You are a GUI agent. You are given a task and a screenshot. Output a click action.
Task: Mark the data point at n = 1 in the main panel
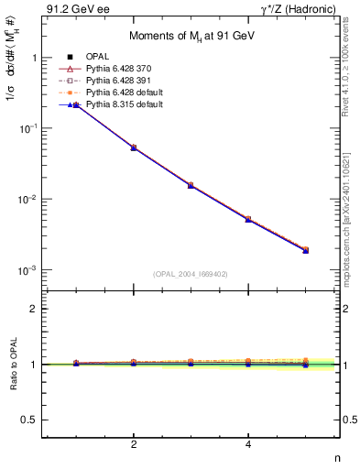coord(76,106)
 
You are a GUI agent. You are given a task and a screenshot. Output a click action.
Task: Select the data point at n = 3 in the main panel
coord(191,185)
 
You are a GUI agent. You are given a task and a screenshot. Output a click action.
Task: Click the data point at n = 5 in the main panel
coord(306,249)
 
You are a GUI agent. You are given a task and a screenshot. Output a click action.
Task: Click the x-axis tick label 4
coord(248,444)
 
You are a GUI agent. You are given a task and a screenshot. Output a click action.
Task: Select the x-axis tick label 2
coord(134,444)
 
